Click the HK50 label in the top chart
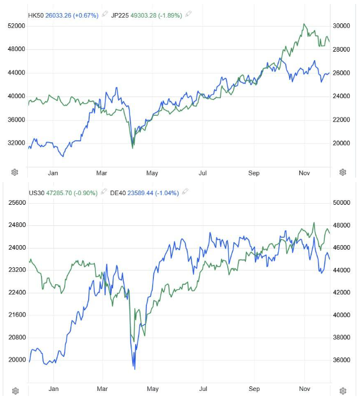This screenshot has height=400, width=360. click(x=36, y=15)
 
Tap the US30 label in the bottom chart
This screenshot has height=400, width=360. click(x=36, y=193)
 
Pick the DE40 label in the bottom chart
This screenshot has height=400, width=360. click(x=117, y=193)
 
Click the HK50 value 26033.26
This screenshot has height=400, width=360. click(x=60, y=15)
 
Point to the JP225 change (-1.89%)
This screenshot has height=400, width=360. click(x=171, y=15)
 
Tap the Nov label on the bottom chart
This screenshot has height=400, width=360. click(x=304, y=389)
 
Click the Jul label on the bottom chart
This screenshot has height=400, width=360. click(x=203, y=389)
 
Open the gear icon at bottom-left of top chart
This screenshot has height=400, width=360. click(x=15, y=172)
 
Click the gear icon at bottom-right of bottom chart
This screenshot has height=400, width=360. click(x=343, y=391)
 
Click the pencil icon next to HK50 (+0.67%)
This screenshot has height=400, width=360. click(x=104, y=15)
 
